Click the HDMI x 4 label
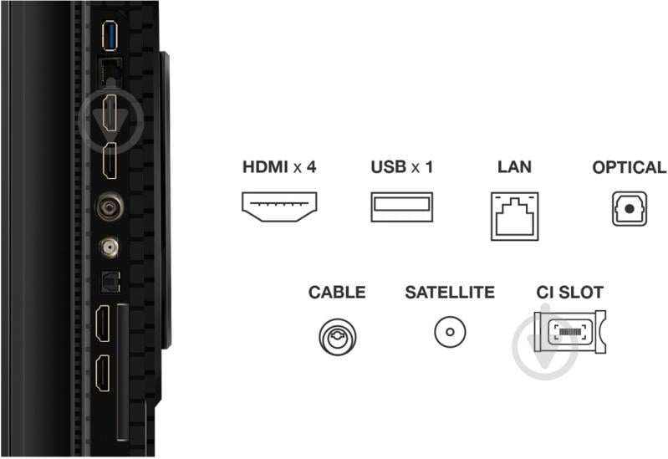pyautogui.click(x=279, y=167)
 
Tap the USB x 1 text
pyautogui.click(x=402, y=167)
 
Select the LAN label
pyautogui.click(x=514, y=167)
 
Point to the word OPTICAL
pyautogui.click(x=629, y=167)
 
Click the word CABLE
pyautogui.click(x=337, y=293)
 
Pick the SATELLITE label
pyautogui.click(x=450, y=293)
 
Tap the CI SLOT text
pyautogui.click(x=569, y=293)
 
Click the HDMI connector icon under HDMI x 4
pyautogui.click(x=279, y=207)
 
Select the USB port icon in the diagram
pyautogui.click(x=402, y=207)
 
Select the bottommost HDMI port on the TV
pyautogui.click(x=104, y=374)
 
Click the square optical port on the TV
pyautogui.click(x=107, y=283)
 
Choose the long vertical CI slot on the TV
pyautogui.click(x=123, y=372)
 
